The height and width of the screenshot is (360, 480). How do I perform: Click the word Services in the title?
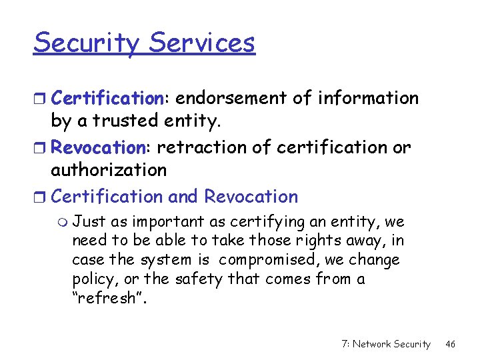(202, 43)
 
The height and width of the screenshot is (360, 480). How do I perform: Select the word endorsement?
(231, 98)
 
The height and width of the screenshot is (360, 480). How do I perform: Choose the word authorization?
(109, 170)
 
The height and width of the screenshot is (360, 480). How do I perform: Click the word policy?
(92, 279)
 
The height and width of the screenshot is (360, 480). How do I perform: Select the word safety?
(199, 278)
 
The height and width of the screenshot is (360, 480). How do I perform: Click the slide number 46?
(451, 344)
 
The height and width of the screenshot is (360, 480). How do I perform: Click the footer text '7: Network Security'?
(385, 344)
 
